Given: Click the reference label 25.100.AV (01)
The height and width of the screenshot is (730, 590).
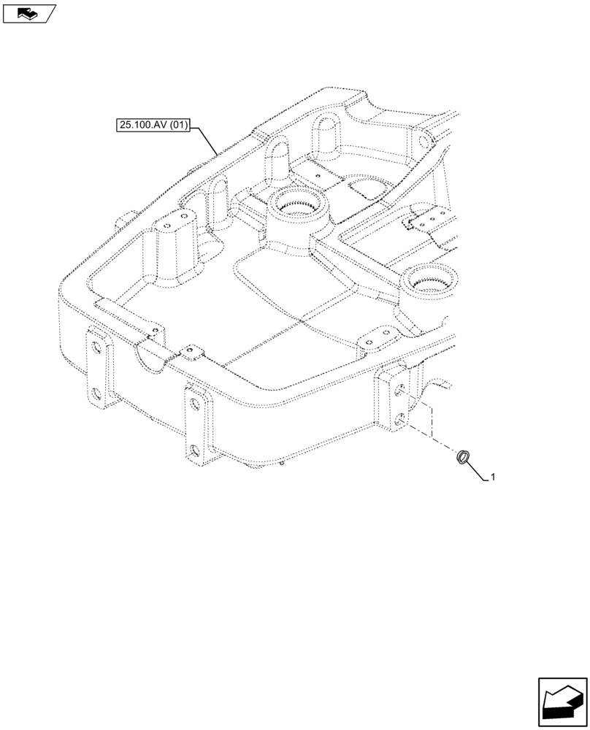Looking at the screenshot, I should [x=153, y=126].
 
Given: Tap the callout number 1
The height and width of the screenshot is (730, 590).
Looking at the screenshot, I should [x=494, y=477].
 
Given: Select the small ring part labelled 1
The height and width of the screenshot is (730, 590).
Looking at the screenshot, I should [x=463, y=458].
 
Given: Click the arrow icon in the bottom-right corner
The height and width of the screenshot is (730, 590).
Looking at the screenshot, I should [x=562, y=704].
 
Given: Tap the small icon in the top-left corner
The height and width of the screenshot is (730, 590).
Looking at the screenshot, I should [x=28, y=12].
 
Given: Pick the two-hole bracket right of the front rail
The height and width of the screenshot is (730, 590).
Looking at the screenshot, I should [x=374, y=337].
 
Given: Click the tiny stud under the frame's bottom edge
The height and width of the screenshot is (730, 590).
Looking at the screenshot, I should [x=283, y=461].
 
